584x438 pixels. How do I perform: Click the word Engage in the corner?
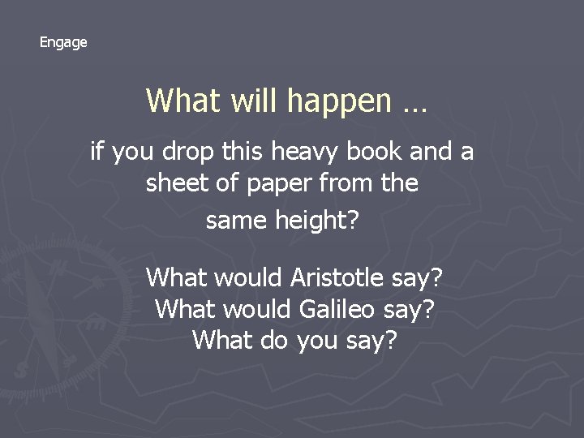63,42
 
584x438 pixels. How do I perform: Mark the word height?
316,220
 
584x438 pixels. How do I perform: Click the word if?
98,150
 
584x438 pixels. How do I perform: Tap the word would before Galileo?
255,309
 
